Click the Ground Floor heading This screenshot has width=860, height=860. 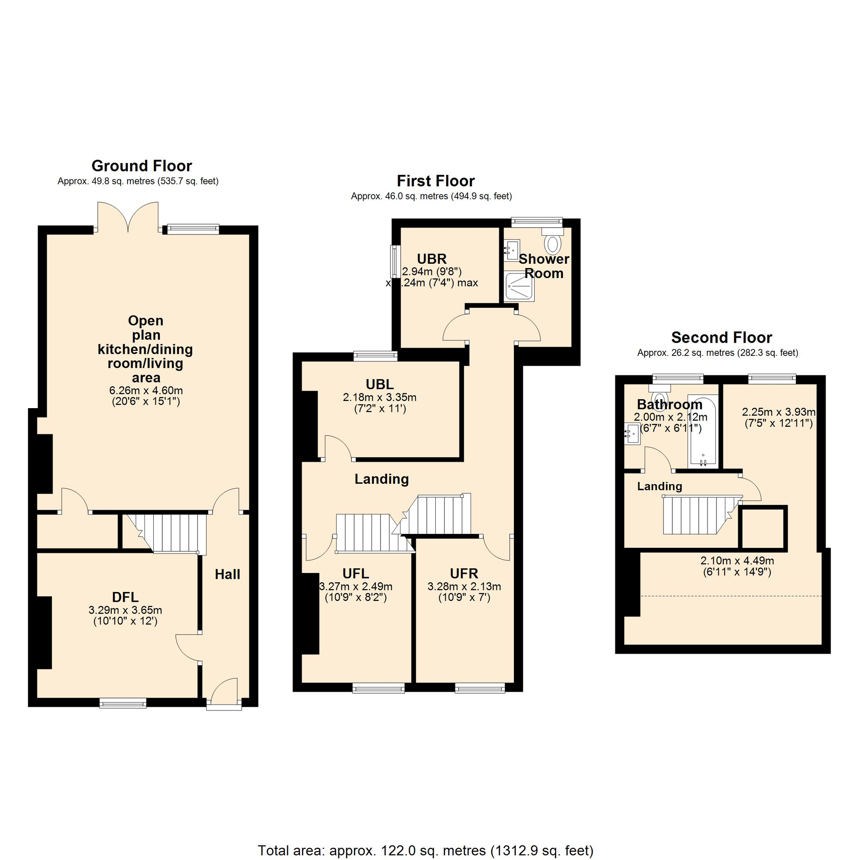(141, 166)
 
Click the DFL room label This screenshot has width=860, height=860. (125, 597)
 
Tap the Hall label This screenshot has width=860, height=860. (228, 575)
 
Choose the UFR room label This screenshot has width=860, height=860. (464, 573)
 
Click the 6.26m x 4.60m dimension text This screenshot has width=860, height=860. (146, 390)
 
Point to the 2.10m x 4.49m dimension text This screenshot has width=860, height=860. (737, 561)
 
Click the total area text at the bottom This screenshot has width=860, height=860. (426, 851)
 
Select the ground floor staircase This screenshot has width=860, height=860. (169, 533)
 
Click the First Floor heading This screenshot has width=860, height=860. (435, 181)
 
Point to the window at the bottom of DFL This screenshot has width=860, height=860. (123, 703)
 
